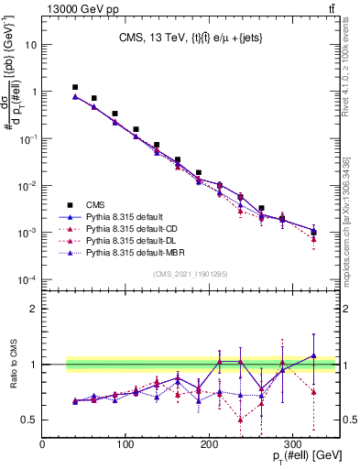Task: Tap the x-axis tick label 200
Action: tap(209, 444)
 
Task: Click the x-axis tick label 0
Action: tap(42, 444)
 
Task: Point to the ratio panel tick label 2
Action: tap(32, 309)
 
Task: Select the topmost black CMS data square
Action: tap(75, 87)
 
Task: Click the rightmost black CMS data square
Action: tap(313, 232)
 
